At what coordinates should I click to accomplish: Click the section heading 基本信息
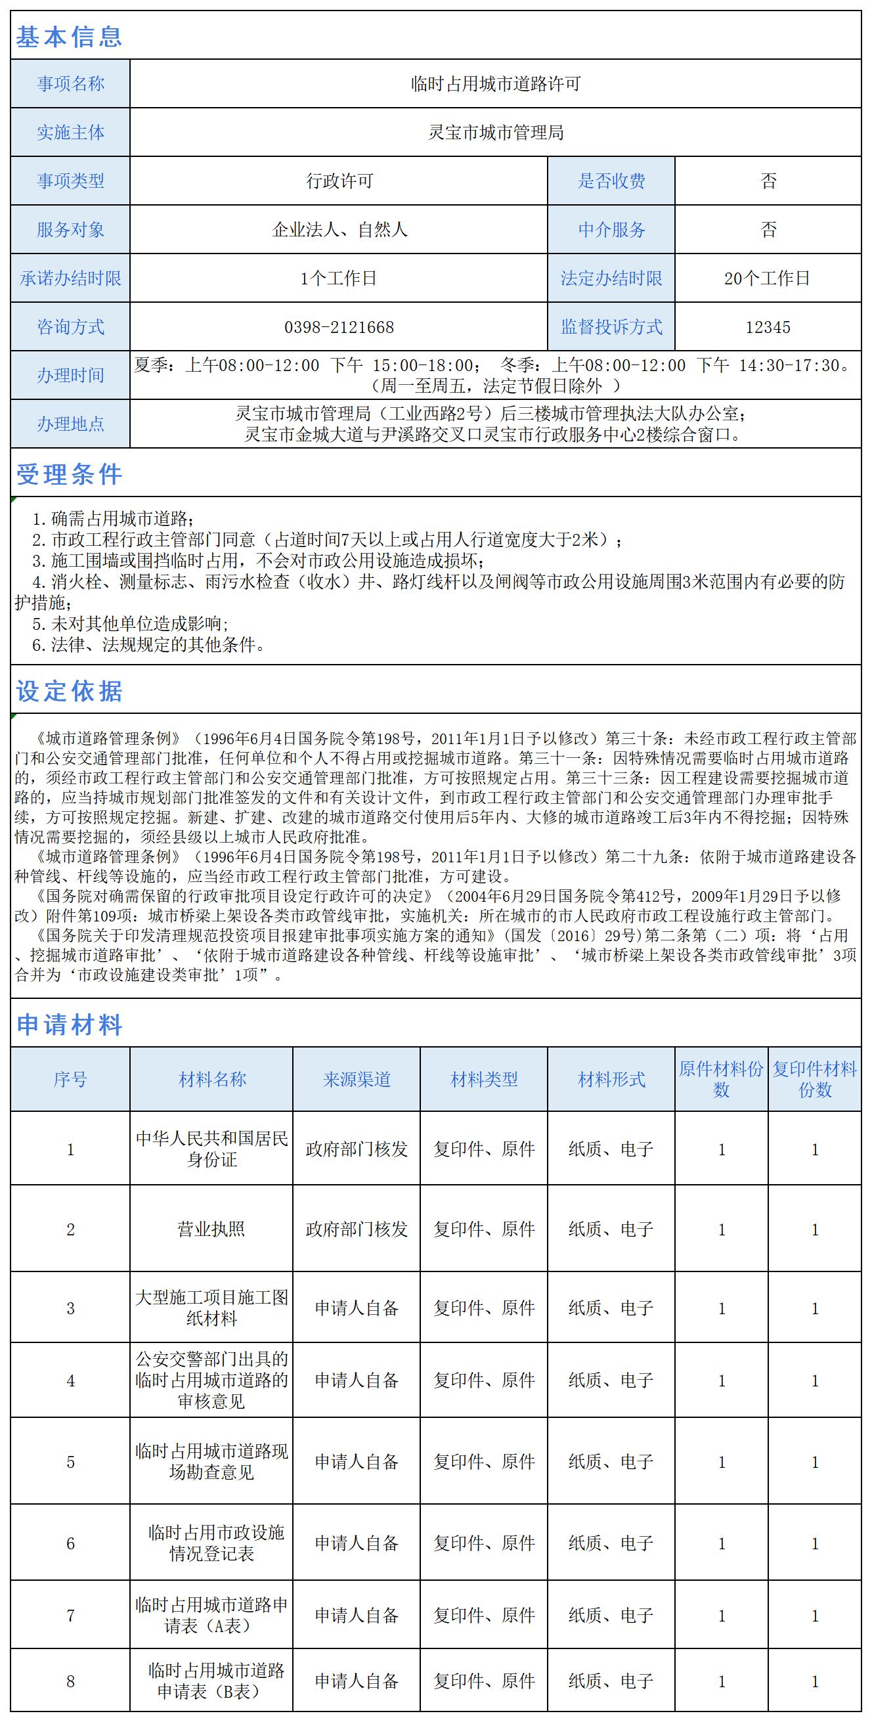coord(69,37)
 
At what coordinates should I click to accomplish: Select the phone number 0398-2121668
coord(339,327)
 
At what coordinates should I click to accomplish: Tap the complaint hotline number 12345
coord(768,327)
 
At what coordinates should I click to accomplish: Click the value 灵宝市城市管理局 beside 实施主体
coord(495,133)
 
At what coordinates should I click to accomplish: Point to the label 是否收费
coord(611,181)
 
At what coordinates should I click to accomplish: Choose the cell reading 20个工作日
coord(767,278)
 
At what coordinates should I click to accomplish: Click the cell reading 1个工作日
coord(339,278)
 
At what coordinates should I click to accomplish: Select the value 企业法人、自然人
coord(339,230)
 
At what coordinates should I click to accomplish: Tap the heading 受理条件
coord(69,475)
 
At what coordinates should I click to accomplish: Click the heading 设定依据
coord(69,691)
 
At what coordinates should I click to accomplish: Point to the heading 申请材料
coord(69,1024)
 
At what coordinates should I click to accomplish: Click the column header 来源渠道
coord(356,1080)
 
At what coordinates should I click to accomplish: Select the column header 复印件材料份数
coord(814,1080)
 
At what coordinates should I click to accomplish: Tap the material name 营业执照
coord(211,1229)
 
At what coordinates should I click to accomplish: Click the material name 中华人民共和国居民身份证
coord(211,1149)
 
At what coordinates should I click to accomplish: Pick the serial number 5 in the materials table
coord(70,1462)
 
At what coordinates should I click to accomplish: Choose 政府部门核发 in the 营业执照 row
coord(356,1229)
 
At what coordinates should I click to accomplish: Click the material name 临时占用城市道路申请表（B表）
coord(211,1681)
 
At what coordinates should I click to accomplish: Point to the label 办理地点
coord(70,424)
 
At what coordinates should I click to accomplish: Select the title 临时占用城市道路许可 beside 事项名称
coord(495,83)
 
